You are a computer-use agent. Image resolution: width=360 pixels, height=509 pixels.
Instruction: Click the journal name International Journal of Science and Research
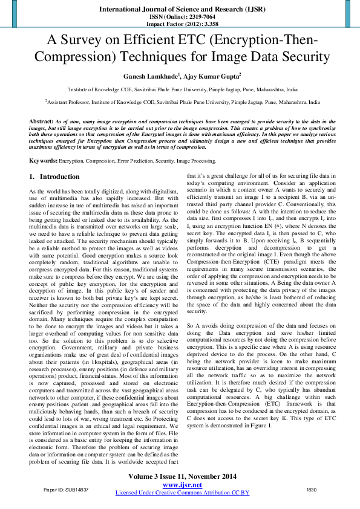click(180, 10)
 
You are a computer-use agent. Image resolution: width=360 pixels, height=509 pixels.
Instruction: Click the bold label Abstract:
click(41, 122)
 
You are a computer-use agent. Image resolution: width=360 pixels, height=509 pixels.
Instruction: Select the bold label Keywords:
click(44, 161)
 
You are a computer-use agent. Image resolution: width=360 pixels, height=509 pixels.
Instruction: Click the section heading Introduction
click(59, 177)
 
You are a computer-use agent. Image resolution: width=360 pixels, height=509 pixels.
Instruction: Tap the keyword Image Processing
click(195, 161)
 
